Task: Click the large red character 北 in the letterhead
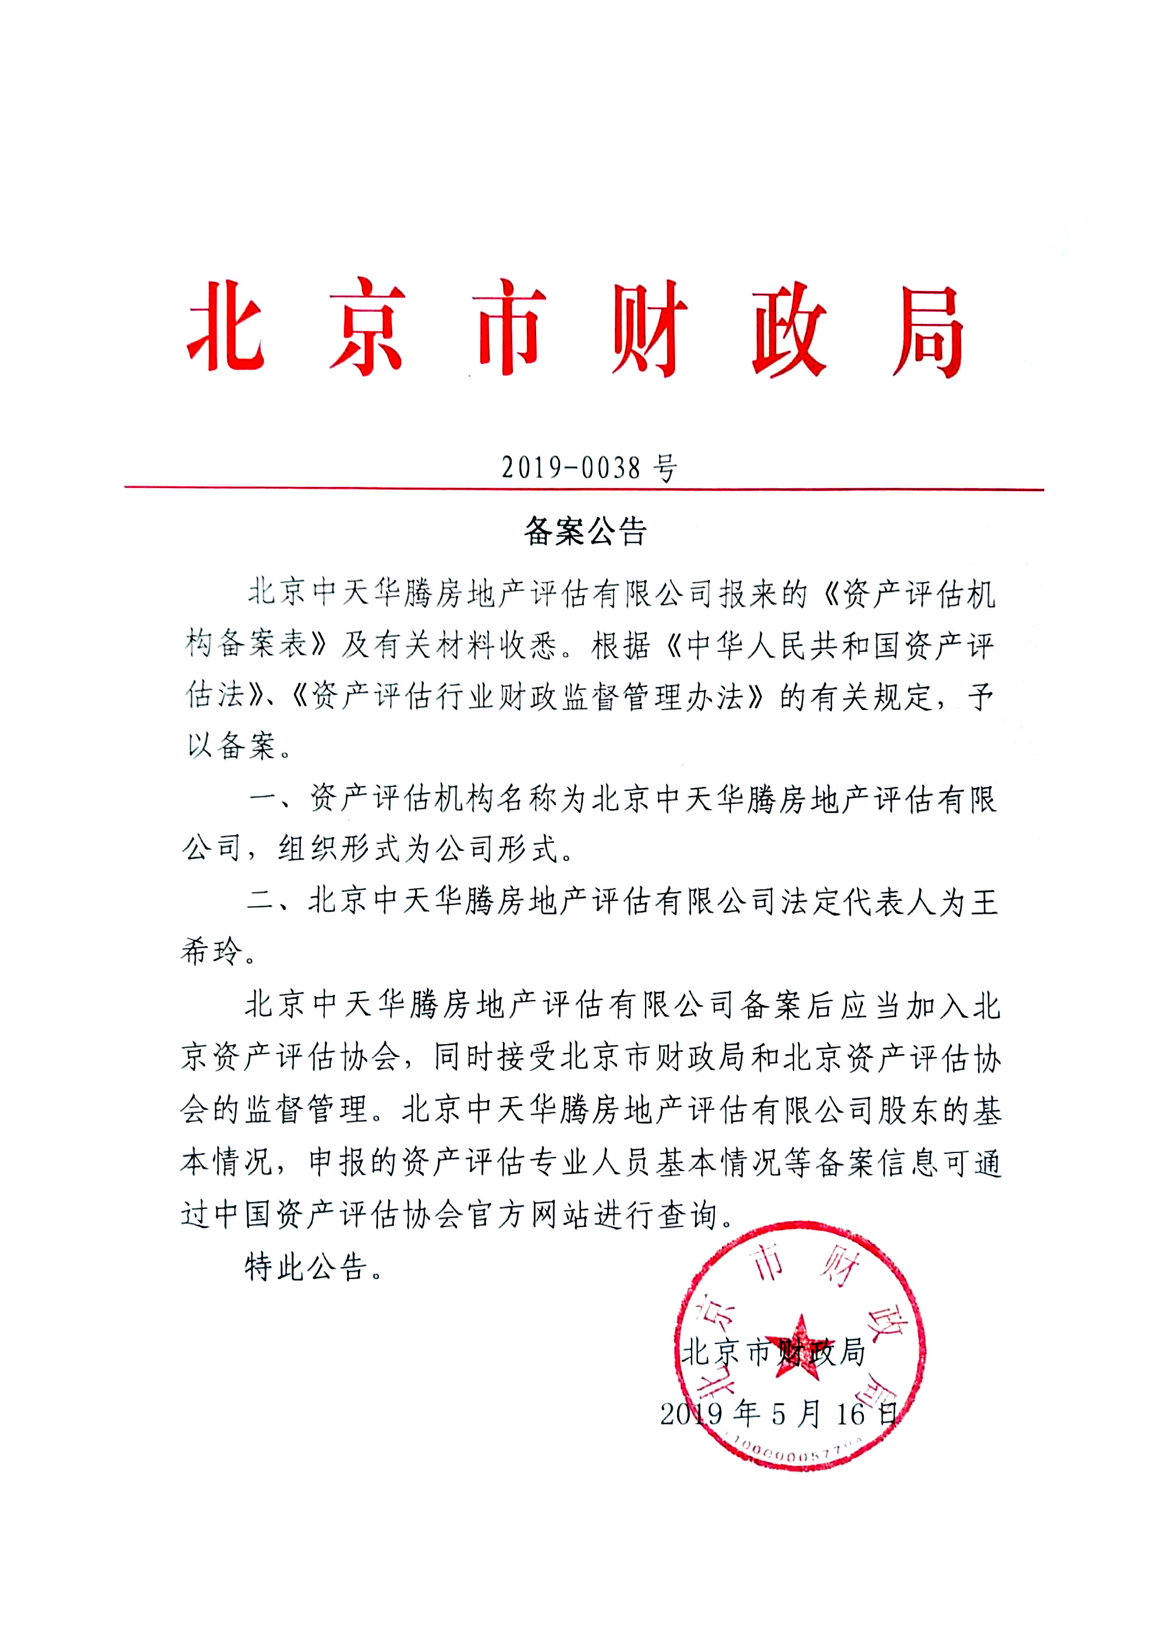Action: pyautogui.click(x=226, y=327)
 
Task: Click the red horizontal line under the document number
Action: pyautogui.click(x=583, y=489)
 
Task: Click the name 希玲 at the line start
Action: pyautogui.click(x=213, y=951)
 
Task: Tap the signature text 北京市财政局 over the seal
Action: pyautogui.click(x=773, y=1352)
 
